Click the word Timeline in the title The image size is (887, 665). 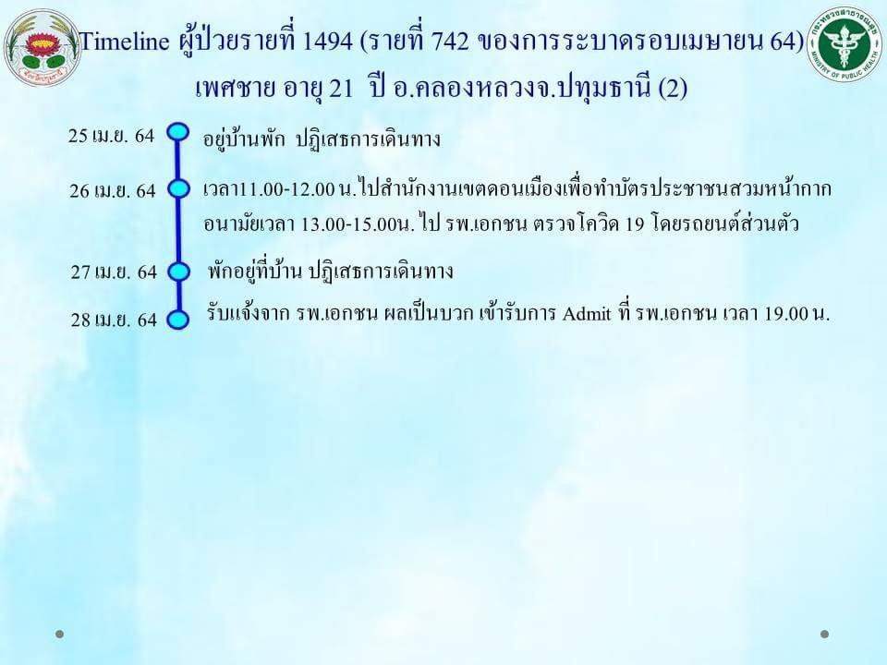(125, 42)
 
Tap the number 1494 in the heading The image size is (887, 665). (327, 42)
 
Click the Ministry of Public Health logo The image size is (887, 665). (844, 44)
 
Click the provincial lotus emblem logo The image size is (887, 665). (43, 47)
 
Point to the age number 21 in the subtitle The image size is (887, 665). (341, 89)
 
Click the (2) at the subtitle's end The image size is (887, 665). (673, 89)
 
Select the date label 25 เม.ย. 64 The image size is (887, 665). (112, 136)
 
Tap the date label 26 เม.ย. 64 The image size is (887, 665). (113, 190)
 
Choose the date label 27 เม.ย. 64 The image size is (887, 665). (114, 272)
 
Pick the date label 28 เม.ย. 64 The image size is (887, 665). (114, 320)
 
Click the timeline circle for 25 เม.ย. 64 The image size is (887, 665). (178, 132)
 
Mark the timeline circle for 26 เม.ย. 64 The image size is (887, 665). (178, 188)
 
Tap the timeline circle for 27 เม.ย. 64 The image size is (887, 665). (178, 272)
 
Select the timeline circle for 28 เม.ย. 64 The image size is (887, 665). (177, 320)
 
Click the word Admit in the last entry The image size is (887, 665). (587, 313)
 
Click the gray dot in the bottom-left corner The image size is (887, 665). (59, 635)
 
